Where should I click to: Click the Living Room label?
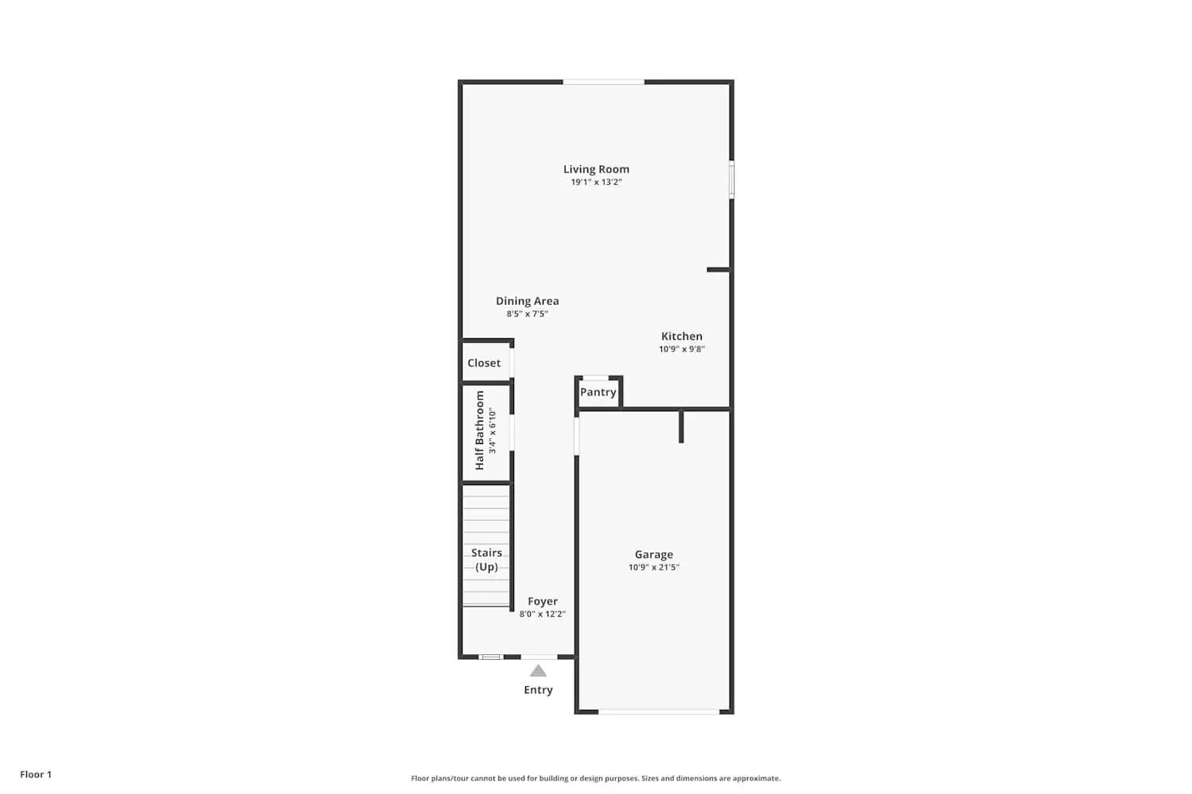(596, 169)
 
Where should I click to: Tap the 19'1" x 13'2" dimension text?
(596, 183)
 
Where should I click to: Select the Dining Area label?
(527, 301)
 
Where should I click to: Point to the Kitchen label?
(682, 336)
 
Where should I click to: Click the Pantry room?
(598, 392)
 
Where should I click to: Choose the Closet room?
(484, 363)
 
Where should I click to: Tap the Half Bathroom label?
(480, 430)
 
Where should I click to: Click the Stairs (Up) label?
(486, 560)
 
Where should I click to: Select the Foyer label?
(543, 601)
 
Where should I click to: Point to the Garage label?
(654, 554)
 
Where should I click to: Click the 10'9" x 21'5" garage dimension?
(654, 568)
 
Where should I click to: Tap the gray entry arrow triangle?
(538, 672)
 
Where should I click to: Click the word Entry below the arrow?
(538, 690)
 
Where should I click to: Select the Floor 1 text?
(36, 774)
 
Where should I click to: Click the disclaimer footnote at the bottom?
(595, 778)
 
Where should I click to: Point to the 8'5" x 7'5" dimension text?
(527, 314)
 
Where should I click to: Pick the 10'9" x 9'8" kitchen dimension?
(682, 349)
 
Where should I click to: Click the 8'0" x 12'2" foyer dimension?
(543, 615)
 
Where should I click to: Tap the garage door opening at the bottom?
(659, 712)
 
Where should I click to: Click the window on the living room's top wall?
(604, 82)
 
